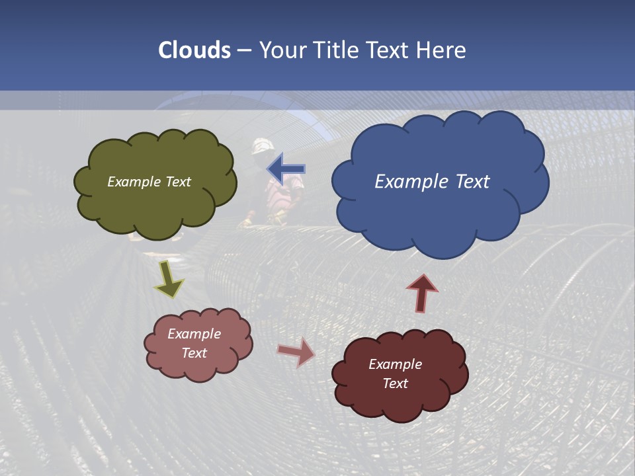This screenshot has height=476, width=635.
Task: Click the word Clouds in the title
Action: click(194, 50)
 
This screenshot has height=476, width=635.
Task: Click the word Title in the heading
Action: click(335, 50)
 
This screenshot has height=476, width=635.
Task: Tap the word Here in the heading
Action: click(441, 50)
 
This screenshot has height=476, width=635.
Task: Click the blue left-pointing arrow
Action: click(287, 169)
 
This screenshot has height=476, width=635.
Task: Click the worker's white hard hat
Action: click(263, 145)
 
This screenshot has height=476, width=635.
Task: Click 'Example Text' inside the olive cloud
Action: click(149, 182)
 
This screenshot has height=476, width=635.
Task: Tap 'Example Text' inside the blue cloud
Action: click(432, 182)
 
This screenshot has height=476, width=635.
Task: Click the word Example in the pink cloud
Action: click(194, 334)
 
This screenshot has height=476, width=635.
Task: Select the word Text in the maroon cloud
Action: click(395, 383)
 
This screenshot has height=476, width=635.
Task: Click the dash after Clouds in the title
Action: click(243, 50)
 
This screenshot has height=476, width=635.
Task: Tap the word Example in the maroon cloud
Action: click(395, 364)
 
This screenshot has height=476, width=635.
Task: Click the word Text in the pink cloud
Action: click(194, 353)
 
